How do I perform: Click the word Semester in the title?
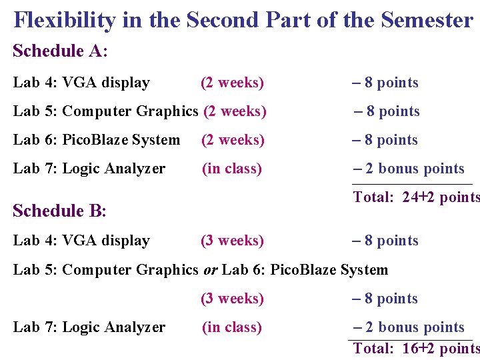coord(427,20)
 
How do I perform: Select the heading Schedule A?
coord(60,51)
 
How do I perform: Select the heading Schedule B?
coord(59,211)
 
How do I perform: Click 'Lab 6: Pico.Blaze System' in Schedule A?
coord(97,140)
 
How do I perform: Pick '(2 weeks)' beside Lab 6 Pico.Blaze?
coord(233,140)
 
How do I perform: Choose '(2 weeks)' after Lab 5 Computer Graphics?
coord(235,111)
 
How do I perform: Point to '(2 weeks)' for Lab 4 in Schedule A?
coord(232,83)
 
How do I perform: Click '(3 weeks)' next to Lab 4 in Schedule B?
coord(232,241)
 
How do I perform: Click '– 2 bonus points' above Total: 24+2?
coord(409,169)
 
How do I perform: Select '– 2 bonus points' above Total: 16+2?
coord(409,327)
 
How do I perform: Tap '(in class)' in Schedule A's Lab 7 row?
coord(232,169)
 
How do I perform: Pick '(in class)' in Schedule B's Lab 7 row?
coord(232,327)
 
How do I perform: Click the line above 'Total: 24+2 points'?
coord(411,184)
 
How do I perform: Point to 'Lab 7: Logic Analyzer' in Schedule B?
coord(89,327)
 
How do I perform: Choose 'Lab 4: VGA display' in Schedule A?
coord(81,83)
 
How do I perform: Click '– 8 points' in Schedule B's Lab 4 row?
coord(385,241)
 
